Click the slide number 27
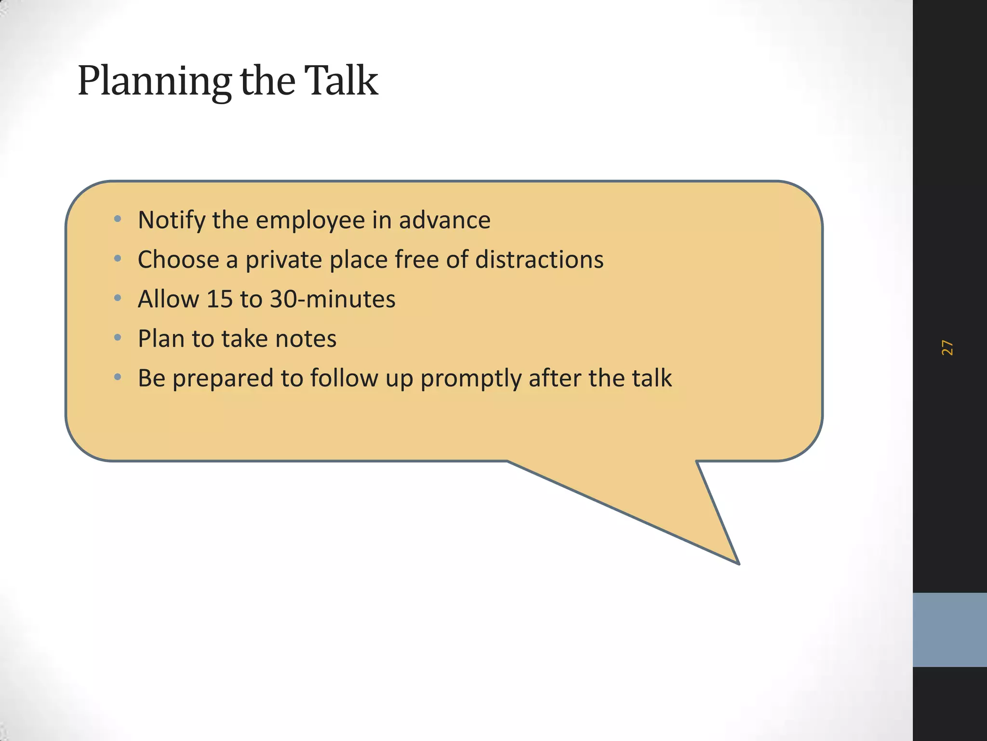click(x=947, y=347)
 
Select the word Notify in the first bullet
click(x=172, y=220)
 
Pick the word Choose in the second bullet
click(x=178, y=260)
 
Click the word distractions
click(x=539, y=260)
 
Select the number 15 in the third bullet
click(x=219, y=299)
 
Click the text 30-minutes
click(x=333, y=299)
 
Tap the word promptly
click(x=471, y=379)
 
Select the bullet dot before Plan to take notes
click(x=118, y=338)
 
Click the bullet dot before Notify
click(x=118, y=220)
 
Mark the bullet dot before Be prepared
click(x=118, y=377)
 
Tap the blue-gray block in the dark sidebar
click(x=949, y=630)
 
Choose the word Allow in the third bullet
click(x=168, y=299)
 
